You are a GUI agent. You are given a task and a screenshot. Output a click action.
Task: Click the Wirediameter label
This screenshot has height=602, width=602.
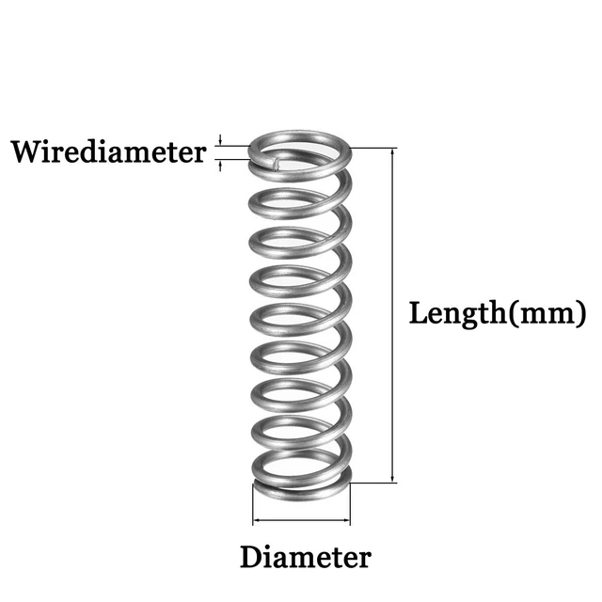[108, 151]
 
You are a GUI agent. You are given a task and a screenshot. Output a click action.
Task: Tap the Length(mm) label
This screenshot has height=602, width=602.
[498, 313]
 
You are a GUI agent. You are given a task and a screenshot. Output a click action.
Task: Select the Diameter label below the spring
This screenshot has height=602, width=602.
[305, 557]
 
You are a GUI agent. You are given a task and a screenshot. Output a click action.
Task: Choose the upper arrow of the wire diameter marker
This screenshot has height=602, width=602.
[221, 140]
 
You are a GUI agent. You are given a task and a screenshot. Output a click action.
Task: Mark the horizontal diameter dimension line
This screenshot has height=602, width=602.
[301, 519]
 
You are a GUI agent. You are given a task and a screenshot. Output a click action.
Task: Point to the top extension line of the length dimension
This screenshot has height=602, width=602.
[376, 148]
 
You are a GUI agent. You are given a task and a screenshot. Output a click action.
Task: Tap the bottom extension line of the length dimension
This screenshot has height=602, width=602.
[376, 483]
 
